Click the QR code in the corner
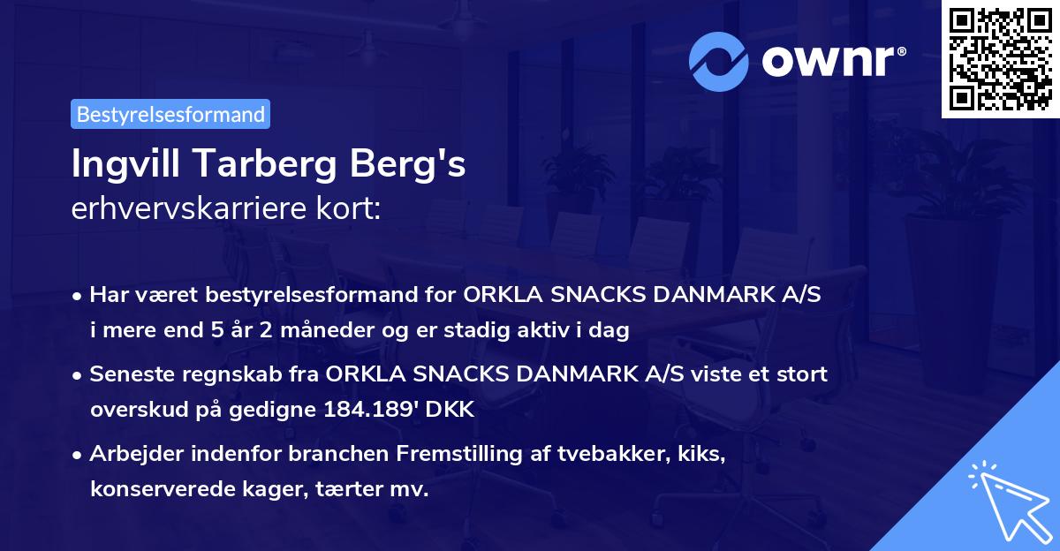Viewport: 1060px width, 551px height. click(1001, 59)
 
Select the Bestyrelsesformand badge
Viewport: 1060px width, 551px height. click(170, 114)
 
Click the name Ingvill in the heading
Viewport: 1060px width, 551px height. click(125, 166)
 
